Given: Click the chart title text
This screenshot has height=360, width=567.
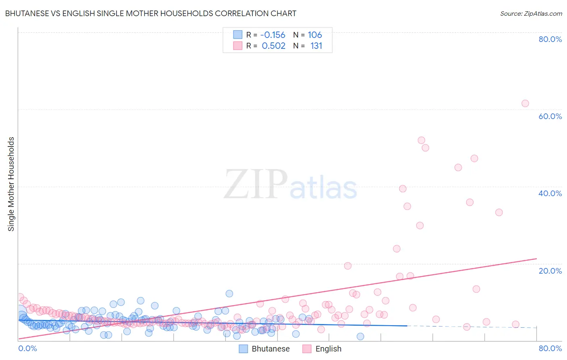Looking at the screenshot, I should pyautogui.click(x=150, y=13).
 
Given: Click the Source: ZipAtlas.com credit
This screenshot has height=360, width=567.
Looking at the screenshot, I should pyautogui.click(x=531, y=13).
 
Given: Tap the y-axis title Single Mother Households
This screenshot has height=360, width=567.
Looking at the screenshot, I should pyautogui.click(x=11, y=184).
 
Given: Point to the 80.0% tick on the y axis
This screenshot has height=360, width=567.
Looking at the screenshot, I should pyautogui.click(x=550, y=39).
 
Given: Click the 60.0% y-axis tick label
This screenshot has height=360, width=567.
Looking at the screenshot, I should pyautogui.click(x=550, y=116).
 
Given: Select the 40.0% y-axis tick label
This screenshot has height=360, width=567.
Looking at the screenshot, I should pyautogui.click(x=550, y=193).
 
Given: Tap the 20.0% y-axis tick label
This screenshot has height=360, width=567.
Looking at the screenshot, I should pyautogui.click(x=550, y=270).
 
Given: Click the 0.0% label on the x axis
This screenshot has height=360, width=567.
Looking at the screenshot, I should pyautogui.click(x=27, y=348).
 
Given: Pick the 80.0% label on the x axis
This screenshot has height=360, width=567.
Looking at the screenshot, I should pyautogui.click(x=550, y=348).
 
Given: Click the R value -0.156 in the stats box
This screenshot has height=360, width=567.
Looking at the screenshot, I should pyautogui.click(x=273, y=35).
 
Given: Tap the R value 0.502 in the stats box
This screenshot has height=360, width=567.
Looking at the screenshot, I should pyautogui.click(x=273, y=46).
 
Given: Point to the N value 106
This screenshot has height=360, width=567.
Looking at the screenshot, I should pyautogui.click(x=315, y=35).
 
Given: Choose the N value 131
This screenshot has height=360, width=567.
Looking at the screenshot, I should pyautogui.click(x=316, y=46).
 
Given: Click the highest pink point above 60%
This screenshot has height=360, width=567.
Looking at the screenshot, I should pyautogui.click(x=525, y=103).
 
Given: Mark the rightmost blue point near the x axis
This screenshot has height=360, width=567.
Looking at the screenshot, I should pyautogui.click(x=360, y=337).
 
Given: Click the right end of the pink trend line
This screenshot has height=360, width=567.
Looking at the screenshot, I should pyautogui.click(x=536, y=258).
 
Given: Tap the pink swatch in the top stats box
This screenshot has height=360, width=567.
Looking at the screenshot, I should pyautogui.click(x=238, y=46).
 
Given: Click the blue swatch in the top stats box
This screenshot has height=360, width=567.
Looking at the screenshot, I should pyautogui.click(x=238, y=35).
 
